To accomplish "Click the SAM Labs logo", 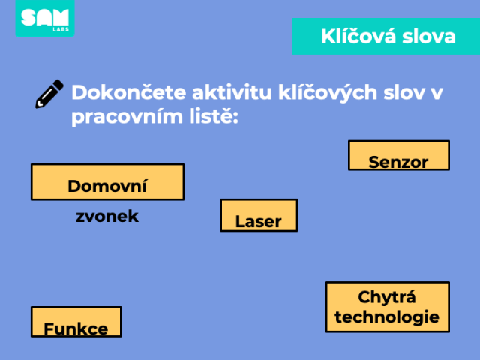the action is point(45,18).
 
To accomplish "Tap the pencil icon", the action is point(49,94).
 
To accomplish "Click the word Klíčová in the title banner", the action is point(358,36).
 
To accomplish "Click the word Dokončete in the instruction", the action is point(128,92).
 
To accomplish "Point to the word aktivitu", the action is point(232,92).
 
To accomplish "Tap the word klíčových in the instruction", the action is point(328,93).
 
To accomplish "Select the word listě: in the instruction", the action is point(214,116).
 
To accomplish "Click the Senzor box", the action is point(399,155).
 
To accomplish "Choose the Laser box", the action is point(259,215).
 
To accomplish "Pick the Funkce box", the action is point(76,322).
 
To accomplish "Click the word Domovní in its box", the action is point(107,186).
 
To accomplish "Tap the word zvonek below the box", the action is point(107,217).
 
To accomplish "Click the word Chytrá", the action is point(387,298).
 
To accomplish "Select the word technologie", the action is point(387,316).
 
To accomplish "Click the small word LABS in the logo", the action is point(61,29).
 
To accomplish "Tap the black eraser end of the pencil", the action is point(58,85).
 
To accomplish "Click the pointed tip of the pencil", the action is point(37,106).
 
